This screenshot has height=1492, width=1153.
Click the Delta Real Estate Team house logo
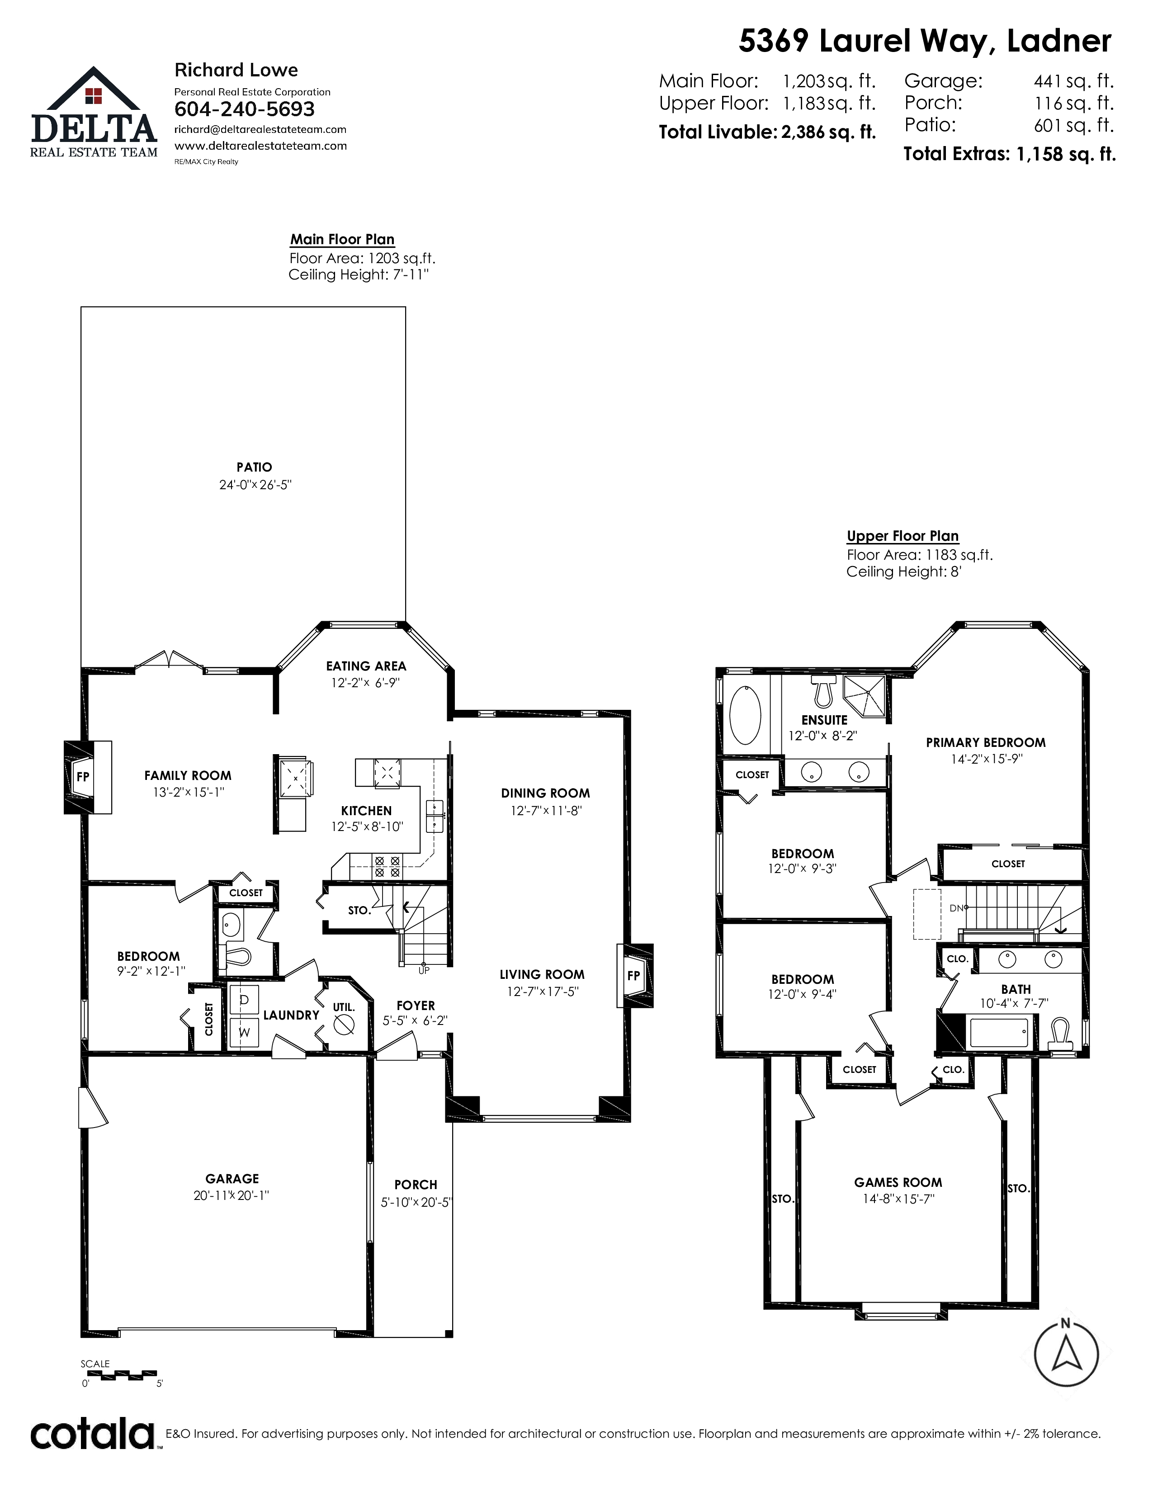pos(94,112)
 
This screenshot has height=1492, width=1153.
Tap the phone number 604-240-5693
pos(245,109)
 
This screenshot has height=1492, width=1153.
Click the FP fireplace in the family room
pos(87,777)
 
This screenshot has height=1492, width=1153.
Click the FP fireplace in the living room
pos(634,975)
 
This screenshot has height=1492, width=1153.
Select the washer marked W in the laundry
pos(243,1031)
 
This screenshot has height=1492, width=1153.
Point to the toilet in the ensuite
pos(822,691)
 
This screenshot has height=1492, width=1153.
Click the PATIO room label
pos(254,467)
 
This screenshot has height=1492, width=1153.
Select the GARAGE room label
pos(232,1178)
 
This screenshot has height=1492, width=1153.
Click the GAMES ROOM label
pos(898,1183)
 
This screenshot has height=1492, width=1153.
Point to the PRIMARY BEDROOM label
pos(986,742)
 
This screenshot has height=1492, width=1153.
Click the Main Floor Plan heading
pos(342,240)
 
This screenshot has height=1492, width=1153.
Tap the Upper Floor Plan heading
pos(903,536)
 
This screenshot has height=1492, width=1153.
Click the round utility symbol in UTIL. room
pos(344,1025)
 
